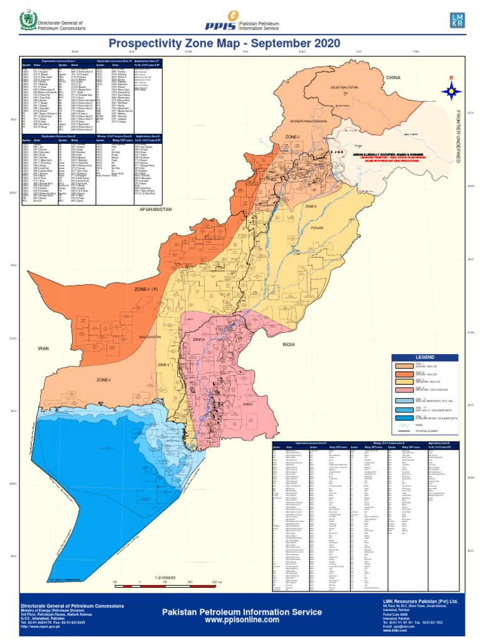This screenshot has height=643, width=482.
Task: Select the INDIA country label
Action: [289, 344]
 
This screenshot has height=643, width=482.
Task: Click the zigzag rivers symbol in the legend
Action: [405, 425]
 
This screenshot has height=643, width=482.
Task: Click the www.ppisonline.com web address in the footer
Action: [242, 620]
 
